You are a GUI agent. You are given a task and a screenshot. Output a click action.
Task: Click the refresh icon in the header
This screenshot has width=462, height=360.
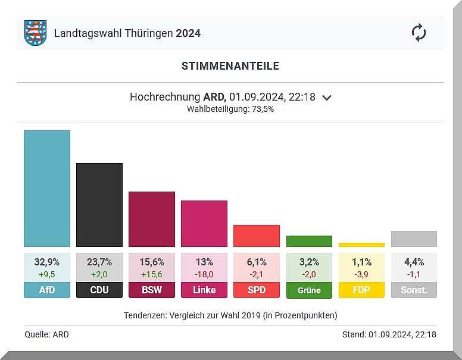(419, 33)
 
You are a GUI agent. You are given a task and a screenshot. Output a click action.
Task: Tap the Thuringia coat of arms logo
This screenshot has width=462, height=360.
(35, 33)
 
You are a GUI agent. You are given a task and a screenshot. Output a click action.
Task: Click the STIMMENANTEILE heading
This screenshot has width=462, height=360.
(230, 66)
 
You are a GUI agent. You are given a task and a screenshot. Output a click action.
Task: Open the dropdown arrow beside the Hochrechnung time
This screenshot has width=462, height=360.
(326, 98)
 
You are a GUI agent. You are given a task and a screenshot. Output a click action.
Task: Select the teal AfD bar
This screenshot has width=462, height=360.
(47, 188)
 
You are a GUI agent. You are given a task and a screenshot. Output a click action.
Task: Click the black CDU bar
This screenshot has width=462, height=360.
(99, 205)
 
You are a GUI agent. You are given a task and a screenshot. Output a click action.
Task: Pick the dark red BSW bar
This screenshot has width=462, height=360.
(152, 219)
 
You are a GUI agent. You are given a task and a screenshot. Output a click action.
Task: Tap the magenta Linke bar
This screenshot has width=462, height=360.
(204, 223)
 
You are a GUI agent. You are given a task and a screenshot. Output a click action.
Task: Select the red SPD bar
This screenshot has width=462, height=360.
(257, 236)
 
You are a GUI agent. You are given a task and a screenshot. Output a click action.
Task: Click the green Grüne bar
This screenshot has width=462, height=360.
(309, 241)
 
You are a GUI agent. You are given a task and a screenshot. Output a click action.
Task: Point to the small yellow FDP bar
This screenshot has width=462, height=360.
(361, 245)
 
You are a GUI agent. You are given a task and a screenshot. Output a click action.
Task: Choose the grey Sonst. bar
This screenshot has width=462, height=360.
(414, 239)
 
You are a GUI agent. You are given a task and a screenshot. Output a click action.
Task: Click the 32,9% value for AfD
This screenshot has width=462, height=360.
(47, 262)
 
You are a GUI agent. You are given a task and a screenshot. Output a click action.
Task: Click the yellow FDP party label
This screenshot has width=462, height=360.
(361, 290)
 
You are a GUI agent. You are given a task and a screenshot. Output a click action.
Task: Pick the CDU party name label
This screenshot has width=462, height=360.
(99, 290)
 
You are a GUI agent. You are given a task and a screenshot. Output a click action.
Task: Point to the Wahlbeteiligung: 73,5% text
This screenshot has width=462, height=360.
(230, 109)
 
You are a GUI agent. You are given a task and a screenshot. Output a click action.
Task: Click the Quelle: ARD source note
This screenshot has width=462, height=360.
(46, 334)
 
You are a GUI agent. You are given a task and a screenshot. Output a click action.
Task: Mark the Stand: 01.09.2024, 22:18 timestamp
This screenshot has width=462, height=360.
(389, 334)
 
